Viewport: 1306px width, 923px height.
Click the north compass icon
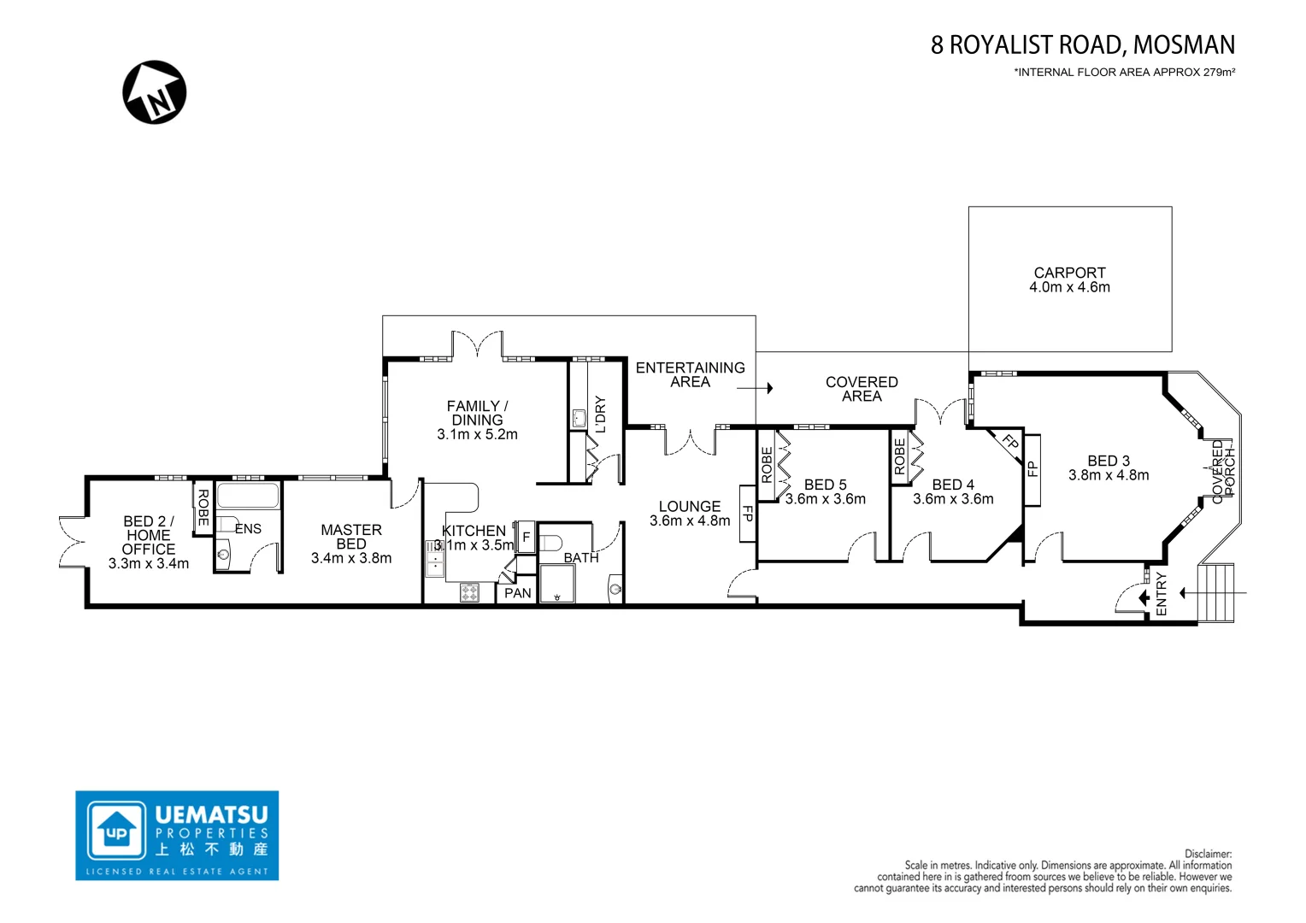pyautogui.click(x=155, y=92)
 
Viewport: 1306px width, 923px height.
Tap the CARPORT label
pyautogui.click(x=1069, y=273)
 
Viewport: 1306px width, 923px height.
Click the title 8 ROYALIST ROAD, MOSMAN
pyautogui.click(x=1082, y=44)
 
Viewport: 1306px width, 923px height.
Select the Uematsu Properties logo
pyautogui.click(x=177, y=835)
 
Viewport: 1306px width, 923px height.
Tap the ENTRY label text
pyautogui.click(x=1161, y=593)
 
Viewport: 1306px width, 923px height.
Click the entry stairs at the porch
pyautogui.click(x=1217, y=592)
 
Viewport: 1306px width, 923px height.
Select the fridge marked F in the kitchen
pyautogui.click(x=526, y=538)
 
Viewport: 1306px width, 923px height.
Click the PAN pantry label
pyautogui.click(x=517, y=593)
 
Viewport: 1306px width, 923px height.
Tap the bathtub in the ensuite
pyautogui.click(x=248, y=496)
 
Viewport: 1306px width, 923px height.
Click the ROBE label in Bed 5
pyautogui.click(x=767, y=464)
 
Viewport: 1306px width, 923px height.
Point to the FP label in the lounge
pyautogui.click(x=746, y=514)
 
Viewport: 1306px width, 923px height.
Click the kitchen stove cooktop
pyautogui.click(x=469, y=591)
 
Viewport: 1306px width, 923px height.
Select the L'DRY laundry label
pyautogui.click(x=599, y=414)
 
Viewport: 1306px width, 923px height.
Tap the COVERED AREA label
pyautogui.click(x=862, y=389)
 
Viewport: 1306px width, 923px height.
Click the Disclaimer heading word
pyautogui.click(x=1208, y=854)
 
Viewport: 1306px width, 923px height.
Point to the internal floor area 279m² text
pyautogui.click(x=1124, y=73)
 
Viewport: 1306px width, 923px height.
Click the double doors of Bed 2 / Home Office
pyautogui.click(x=73, y=542)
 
